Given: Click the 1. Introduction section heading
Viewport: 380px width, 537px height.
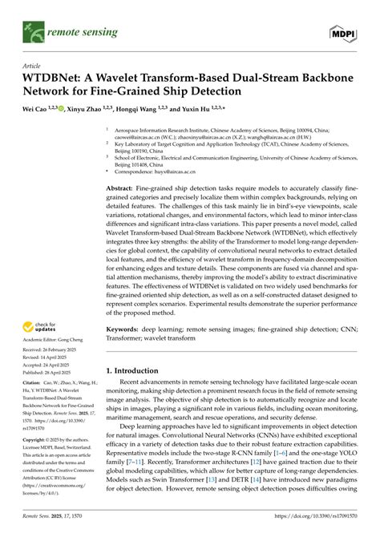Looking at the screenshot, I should pyautogui.click(x=135, y=372).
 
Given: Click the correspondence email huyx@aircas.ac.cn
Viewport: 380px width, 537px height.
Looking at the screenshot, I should pyautogui.click(x=196, y=170).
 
